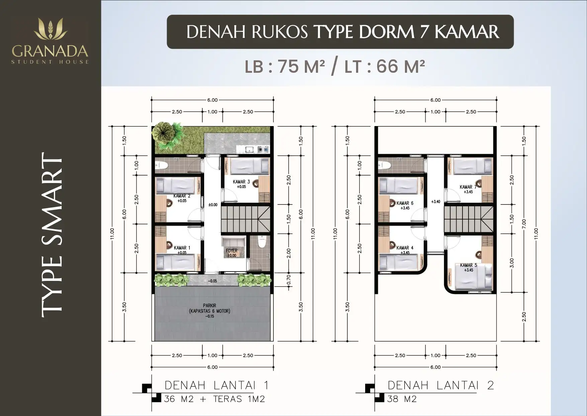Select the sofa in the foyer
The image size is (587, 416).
click(233, 242)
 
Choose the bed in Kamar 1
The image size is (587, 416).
click(176, 262)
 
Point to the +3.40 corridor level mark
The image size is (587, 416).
click(435, 202)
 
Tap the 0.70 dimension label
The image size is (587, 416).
click(289, 280)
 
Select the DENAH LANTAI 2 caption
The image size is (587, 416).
click(441, 385)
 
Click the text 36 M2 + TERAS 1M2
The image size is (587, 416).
click(215, 399)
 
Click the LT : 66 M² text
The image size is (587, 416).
click(385, 66)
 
